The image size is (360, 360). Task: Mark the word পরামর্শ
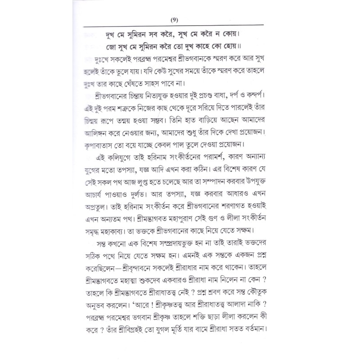[234, 161]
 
